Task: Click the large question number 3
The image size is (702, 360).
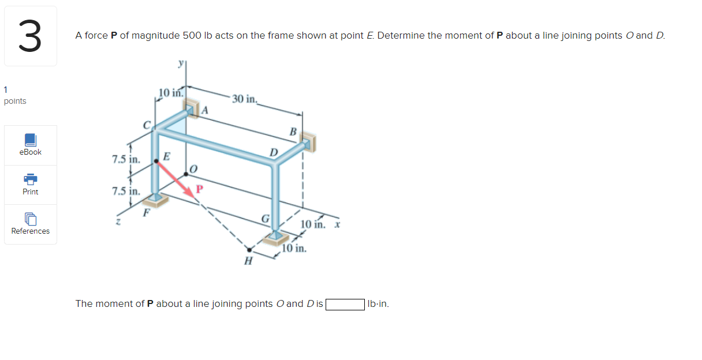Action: [x=30, y=36]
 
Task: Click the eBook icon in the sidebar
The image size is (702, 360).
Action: [x=31, y=140]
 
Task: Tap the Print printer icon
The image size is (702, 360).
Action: [x=31, y=179]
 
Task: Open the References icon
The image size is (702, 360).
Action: [x=31, y=219]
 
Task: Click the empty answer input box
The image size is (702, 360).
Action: [x=345, y=304]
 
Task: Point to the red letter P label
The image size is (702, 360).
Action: [x=200, y=189]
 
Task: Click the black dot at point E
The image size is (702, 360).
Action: [x=156, y=161]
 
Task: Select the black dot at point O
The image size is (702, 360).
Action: [x=186, y=174]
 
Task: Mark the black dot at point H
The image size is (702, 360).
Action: [x=249, y=250]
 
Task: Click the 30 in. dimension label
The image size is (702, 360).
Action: [x=244, y=99]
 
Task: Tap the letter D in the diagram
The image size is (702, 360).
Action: [x=274, y=152]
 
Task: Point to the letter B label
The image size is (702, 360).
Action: [x=293, y=132]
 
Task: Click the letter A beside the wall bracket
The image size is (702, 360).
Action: [x=205, y=110]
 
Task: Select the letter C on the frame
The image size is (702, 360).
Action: [x=147, y=125]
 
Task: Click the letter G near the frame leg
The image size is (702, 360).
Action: [x=266, y=219]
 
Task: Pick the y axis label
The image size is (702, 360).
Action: [x=181, y=63]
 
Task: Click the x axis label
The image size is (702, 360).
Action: [x=337, y=224]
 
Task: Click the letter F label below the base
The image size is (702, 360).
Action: [x=146, y=213]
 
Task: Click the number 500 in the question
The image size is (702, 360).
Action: [x=192, y=35]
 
